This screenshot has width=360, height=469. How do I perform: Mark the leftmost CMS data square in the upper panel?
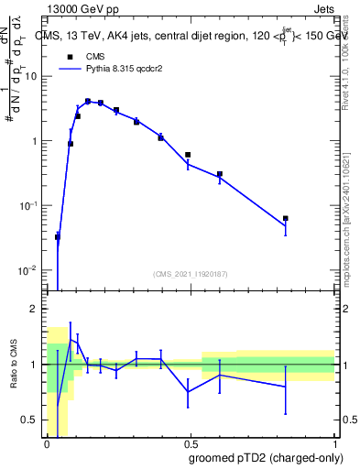pos(58,237)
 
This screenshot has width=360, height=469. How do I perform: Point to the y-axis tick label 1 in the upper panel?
pos(35,141)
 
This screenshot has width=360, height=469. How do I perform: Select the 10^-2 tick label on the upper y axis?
pos(29,271)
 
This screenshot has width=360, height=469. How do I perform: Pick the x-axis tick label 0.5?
pos(190,443)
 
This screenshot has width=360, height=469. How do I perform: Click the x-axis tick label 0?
pos(47,443)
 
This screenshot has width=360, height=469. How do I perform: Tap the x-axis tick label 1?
pos(333,443)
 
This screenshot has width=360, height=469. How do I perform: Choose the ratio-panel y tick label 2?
pos(36,310)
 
